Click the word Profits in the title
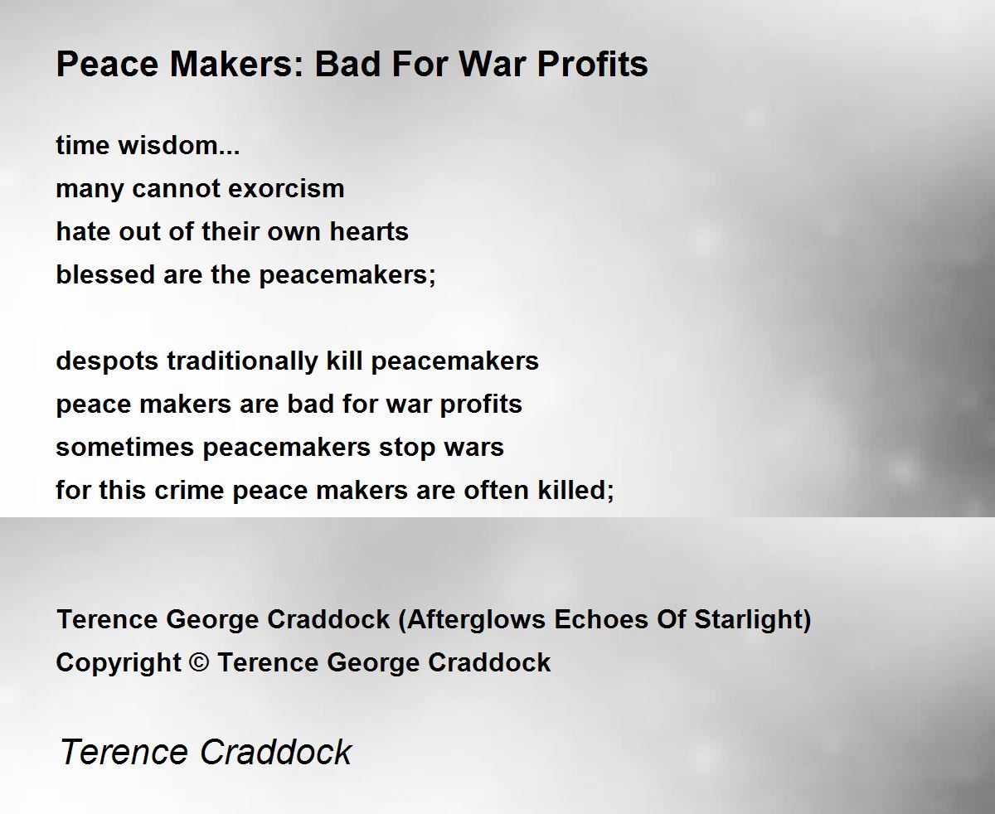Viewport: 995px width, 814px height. click(592, 64)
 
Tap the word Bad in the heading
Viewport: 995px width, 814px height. click(347, 64)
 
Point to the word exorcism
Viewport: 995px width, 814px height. click(286, 189)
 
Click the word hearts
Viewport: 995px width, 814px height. click(368, 231)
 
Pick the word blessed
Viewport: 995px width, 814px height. click(105, 274)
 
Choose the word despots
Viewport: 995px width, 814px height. click(107, 362)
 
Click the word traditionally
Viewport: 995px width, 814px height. click(242, 362)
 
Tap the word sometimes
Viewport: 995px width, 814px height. click(124, 447)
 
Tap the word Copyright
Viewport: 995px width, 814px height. click(119, 663)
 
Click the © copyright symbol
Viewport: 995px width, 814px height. click(199, 662)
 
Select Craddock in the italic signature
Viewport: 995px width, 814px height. click(276, 752)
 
